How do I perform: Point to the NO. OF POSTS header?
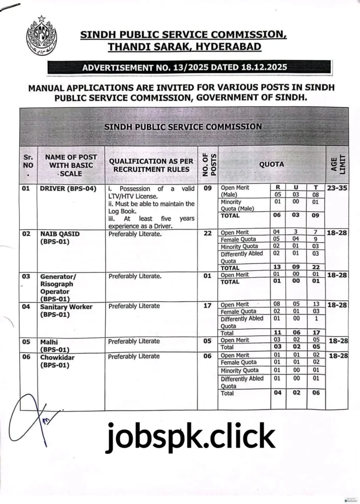coord(207,164)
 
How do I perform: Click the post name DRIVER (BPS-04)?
coord(68,189)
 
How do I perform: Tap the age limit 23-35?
coord(337,188)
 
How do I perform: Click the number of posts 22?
coord(207,234)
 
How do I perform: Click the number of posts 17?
coord(207,306)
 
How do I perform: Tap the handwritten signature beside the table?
coord(34,421)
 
